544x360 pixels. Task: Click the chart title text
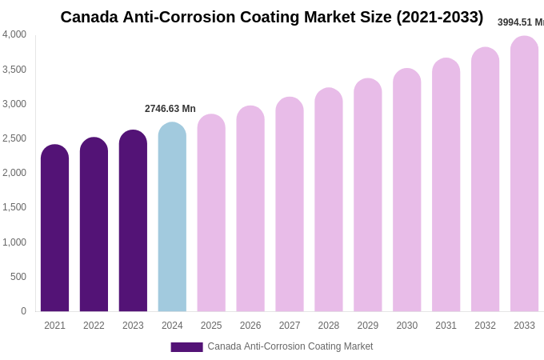(x=272, y=17)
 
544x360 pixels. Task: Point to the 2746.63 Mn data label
(x=170, y=109)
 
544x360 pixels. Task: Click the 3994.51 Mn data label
(x=521, y=22)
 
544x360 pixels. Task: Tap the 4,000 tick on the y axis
(x=14, y=34)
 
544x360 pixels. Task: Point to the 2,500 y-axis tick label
(x=14, y=138)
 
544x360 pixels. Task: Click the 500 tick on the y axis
(x=18, y=277)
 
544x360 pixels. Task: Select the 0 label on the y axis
(x=23, y=311)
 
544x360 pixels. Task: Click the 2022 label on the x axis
(x=94, y=326)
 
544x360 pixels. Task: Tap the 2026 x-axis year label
(x=250, y=326)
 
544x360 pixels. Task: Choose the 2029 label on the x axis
(x=368, y=326)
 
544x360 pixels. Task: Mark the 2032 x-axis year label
(x=485, y=326)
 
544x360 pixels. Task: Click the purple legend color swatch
(x=186, y=347)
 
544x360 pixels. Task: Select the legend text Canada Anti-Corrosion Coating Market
(x=290, y=346)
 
